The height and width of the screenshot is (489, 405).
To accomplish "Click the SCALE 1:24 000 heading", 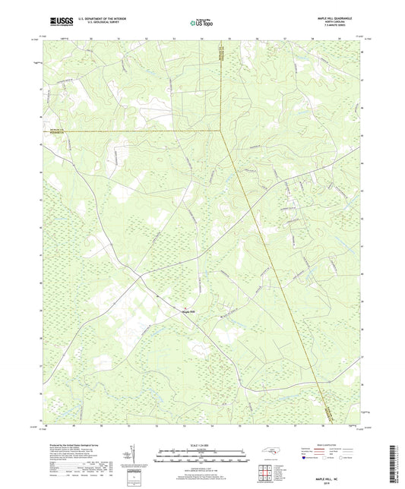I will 202,444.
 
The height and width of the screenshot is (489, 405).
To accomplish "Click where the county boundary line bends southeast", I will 221,130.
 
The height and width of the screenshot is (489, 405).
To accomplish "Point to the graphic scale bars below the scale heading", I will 202,456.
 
